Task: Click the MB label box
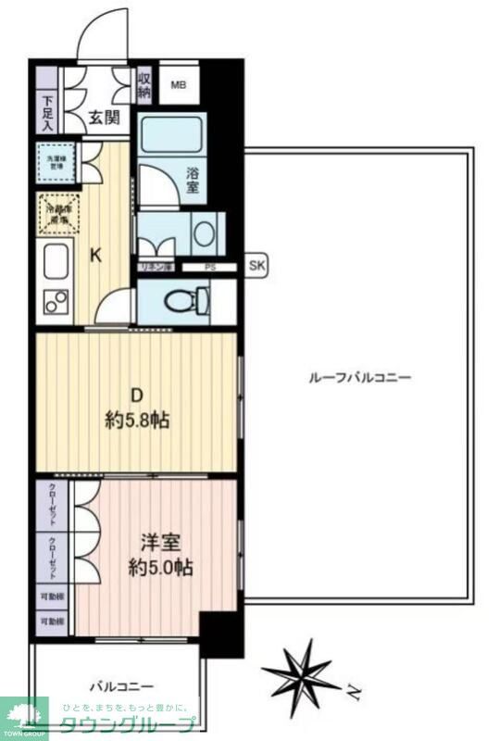click(178, 86)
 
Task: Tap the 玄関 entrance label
click(104, 117)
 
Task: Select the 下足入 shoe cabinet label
click(49, 113)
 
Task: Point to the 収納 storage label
click(145, 84)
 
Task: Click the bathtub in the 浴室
click(170, 136)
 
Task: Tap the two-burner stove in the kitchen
click(56, 301)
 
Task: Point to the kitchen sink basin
click(55, 260)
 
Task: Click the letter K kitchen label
click(94, 257)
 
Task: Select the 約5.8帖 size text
click(137, 420)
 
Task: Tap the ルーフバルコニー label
click(360, 377)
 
